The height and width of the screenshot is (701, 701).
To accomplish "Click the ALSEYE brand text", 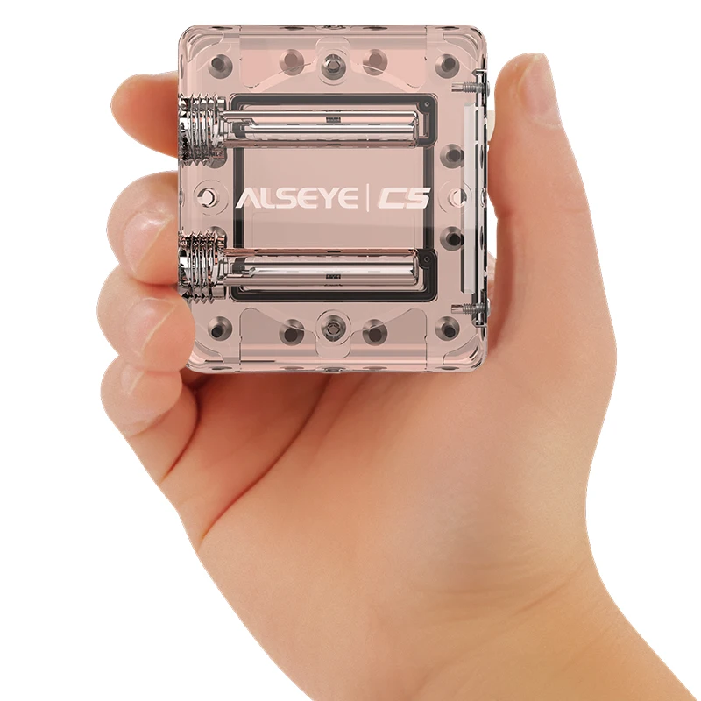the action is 296,198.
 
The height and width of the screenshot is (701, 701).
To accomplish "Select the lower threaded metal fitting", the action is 202,266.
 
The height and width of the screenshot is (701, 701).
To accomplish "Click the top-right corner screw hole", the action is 446,64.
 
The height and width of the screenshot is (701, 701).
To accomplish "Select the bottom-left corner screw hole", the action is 218,329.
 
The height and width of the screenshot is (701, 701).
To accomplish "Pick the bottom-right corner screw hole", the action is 447,329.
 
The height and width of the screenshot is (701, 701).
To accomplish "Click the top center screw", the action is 332,64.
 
